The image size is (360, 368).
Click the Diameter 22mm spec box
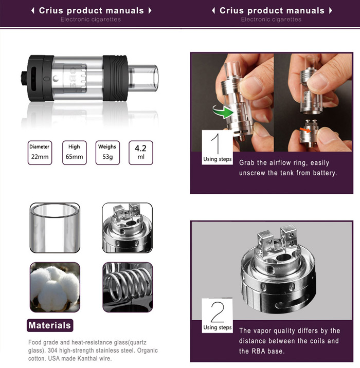tap(40, 153)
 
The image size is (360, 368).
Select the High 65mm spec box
tap(74, 153)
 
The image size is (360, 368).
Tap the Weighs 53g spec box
tap(107, 153)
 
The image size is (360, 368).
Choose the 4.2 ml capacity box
tap(141, 153)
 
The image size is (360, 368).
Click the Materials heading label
tap(50, 325)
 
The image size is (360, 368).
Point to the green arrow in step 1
tap(223, 112)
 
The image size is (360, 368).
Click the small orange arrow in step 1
tap(305, 130)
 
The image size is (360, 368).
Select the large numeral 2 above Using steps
tap(218, 312)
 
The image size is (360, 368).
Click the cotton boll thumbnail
tap(55, 287)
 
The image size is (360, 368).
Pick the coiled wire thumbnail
tap(128, 287)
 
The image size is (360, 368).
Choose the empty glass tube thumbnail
tap(55, 228)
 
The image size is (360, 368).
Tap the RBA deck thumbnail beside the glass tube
tap(127, 228)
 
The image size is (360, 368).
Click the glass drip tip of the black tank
tap(143, 78)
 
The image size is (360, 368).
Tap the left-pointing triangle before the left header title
tap(33, 11)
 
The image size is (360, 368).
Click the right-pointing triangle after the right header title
tap(331, 11)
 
